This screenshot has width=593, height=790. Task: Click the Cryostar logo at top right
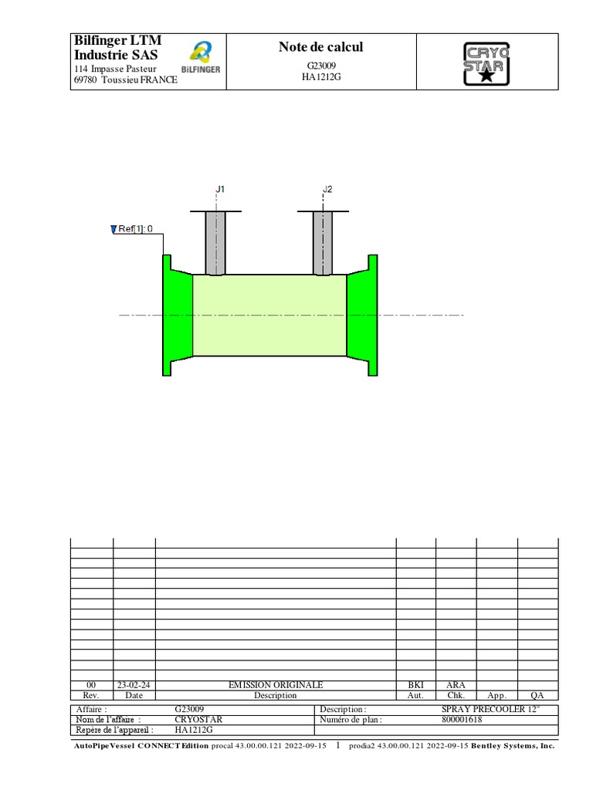[486, 62]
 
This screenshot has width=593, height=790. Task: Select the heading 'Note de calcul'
[320, 48]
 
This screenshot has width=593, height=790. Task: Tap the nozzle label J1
[219, 189]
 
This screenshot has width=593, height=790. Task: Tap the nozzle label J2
[327, 189]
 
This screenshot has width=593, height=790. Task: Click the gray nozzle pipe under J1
[215, 243]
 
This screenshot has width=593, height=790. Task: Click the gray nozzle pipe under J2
[323, 243]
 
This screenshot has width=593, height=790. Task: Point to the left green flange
[177, 315]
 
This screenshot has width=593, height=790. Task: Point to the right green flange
[362, 315]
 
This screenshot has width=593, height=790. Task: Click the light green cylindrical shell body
[269, 315]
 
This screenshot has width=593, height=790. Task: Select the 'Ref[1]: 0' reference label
[136, 228]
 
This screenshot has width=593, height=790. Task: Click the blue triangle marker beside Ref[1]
[114, 228]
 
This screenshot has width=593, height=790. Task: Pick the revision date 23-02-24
[134, 685]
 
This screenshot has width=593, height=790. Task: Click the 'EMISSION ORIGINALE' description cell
[276, 685]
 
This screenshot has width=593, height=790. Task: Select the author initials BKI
[415, 685]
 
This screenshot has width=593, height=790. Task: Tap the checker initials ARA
[456, 685]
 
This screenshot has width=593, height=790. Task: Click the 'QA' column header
[537, 695]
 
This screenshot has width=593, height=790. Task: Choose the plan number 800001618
[462, 719]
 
